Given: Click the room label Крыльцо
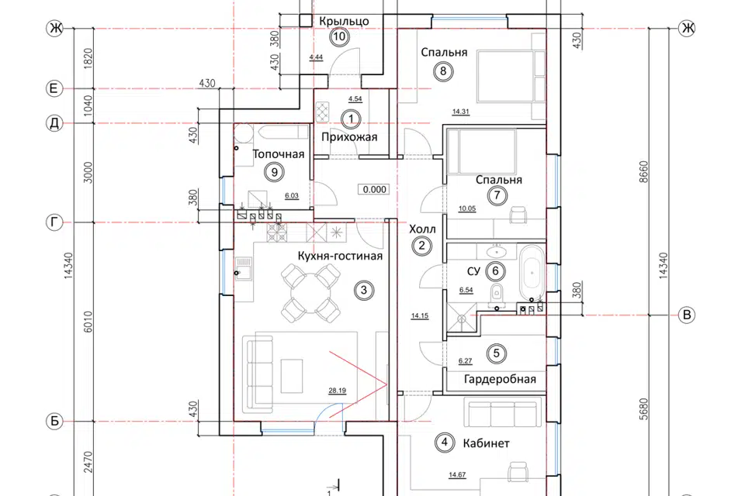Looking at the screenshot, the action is [x=344, y=22].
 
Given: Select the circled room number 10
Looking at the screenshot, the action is [x=339, y=36].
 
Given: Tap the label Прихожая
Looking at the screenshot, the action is [x=349, y=137].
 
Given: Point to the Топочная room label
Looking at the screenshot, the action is [x=279, y=154].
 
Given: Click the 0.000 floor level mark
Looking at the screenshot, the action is [x=374, y=189].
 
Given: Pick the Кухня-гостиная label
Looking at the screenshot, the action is [x=340, y=257].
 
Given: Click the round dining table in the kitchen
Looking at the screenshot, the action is [x=310, y=292].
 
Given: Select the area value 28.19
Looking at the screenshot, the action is [x=337, y=391].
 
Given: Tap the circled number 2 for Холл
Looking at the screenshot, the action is [x=421, y=246].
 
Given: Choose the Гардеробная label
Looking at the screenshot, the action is [x=500, y=379].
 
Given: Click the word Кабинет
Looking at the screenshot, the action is [x=486, y=443].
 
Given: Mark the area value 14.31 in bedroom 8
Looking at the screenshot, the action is [x=460, y=112].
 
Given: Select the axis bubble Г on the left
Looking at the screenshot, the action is [x=54, y=222].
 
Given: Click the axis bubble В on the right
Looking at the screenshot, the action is [x=686, y=315].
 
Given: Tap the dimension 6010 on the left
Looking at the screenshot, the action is [x=88, y=322].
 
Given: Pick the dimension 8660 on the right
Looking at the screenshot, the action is [x=643, y=172].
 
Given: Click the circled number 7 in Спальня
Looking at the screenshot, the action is [x=497, y=195].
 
